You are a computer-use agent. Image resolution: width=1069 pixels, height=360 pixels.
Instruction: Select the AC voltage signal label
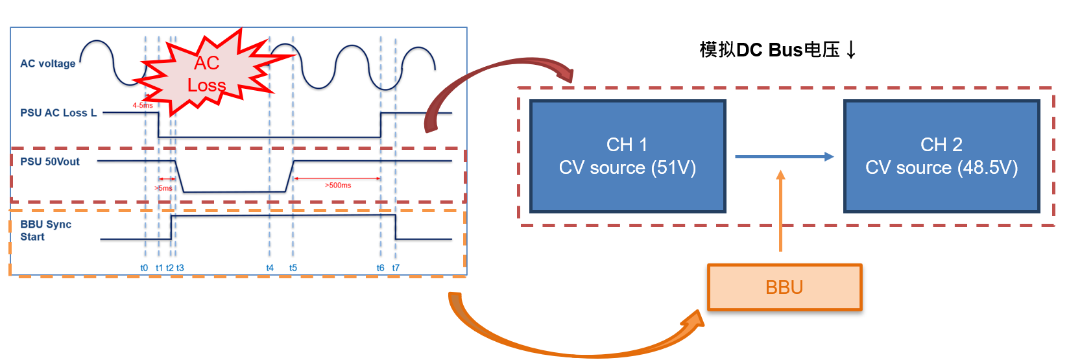[47, 64]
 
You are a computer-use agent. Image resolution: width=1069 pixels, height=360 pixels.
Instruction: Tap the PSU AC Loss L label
[58, 113]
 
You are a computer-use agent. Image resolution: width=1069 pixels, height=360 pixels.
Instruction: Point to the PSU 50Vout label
[50, 162]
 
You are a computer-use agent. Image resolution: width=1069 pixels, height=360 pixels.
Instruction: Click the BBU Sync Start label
[45, 231]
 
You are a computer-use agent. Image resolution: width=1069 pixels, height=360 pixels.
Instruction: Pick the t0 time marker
[144, 268]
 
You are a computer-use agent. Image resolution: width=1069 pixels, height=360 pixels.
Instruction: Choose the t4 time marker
[270, 268]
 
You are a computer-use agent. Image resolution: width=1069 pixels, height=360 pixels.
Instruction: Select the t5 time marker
[293, 268]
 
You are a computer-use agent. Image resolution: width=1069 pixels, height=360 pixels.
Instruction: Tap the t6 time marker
[380, 268]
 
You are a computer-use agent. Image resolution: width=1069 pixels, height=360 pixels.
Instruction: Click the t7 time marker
[396, 268]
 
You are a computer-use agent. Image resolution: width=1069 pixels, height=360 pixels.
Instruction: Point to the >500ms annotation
[338, 186]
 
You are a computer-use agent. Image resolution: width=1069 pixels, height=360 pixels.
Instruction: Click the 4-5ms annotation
[143, 105]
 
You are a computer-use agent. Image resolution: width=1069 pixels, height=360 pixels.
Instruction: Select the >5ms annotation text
[163, 188]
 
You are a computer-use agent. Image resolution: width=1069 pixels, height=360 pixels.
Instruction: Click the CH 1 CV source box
[627, 156]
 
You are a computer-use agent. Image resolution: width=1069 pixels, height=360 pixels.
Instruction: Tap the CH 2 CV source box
[941, 156]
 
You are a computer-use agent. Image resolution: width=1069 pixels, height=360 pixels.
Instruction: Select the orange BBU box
[784, 287]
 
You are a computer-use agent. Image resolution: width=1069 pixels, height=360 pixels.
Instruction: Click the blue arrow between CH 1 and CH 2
[784, 156]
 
